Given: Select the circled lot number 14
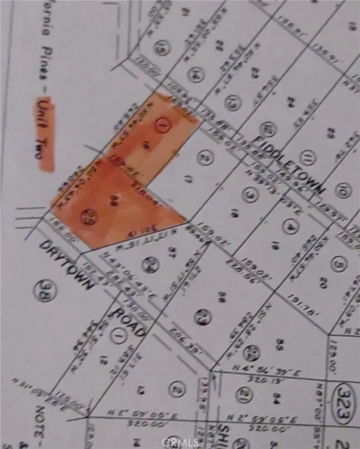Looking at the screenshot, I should pyautogui.click(x=196, y=73).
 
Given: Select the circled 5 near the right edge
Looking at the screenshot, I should pyautogui.click(x=336, y=264).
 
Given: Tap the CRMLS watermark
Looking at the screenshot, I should pyautogui.click(x=181, y=442).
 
